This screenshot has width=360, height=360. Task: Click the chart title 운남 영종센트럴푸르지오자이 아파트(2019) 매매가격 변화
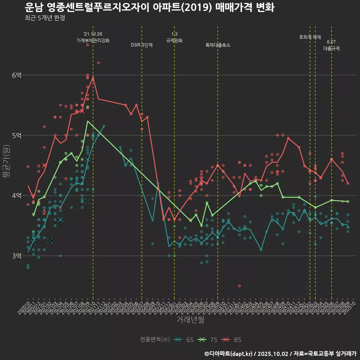click(x=149, y=7)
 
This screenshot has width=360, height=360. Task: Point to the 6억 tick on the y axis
click(x=16, y=75)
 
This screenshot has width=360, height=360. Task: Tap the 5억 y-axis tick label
click(x=16, y=135)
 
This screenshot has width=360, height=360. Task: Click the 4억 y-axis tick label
click(x=16, y=196)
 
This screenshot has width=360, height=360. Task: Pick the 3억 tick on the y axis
click(x=16, y=256)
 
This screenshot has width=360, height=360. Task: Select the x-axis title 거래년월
click(x=190, y=320)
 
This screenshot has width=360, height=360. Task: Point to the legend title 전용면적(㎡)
click(x=155, y=340)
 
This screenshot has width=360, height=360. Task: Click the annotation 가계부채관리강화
click(x=93, y=40)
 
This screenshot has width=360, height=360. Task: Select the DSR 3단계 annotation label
click(x=142, y=45)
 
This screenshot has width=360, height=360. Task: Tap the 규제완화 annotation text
click(x=174, y=40)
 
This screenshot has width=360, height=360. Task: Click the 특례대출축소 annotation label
click(x=218, y=45)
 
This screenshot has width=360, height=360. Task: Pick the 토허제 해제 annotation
click(x=310, y=37)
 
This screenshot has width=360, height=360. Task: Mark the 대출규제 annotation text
click(x=331, y=48)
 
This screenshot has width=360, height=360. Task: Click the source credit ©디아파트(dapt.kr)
click(x=229, y=354)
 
